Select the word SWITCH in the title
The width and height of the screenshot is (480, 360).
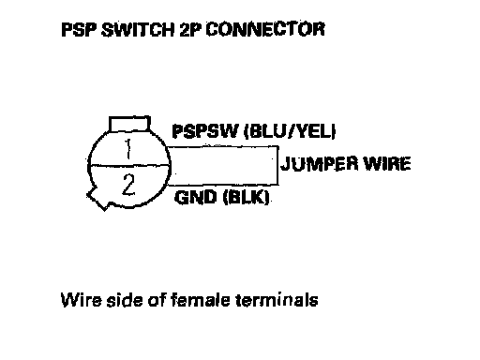click(x=138, y=30)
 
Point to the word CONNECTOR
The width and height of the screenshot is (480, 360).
click(x=265, y=29)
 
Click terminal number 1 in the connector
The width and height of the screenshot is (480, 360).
click(x=127, y=149)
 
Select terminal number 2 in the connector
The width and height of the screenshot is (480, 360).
click(x=128, y=185)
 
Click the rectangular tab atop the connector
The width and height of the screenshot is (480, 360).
click(x=129, y=124)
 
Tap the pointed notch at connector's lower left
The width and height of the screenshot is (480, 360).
click(x=97, y=200)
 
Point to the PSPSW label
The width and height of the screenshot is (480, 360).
click(x=205, y=131)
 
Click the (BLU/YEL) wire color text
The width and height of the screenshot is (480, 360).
click(x=290, y=131)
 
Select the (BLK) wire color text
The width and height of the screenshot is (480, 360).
click(x=247, y=198)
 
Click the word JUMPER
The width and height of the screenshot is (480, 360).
click(x=319, y=164)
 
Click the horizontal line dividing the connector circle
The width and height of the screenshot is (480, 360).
click(x=129, y=165)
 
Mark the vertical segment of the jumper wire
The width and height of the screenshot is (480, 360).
click(x=277, y=165)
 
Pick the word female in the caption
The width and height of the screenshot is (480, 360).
click(x=201, y=300)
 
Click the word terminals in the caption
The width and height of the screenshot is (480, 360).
click(x=277, y=300)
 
